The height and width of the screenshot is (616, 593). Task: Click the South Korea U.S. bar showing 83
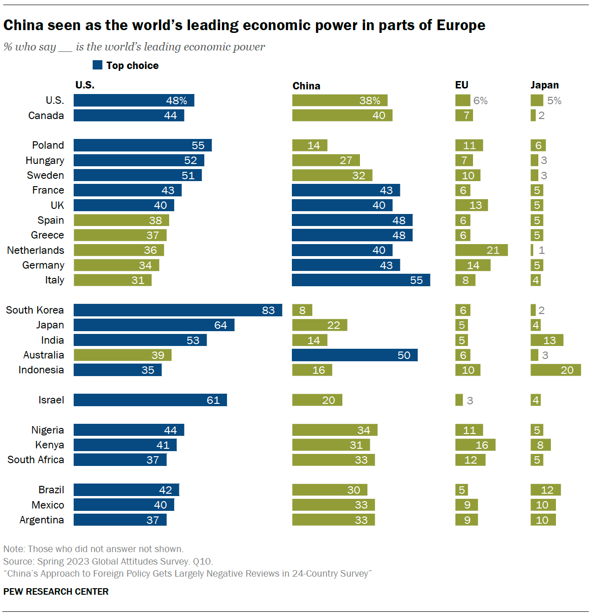coord(178,310)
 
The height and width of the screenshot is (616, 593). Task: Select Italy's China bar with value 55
coord(361,280)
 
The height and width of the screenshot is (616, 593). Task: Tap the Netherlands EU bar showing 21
coord(481,250)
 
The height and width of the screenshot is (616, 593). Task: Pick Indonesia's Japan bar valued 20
coord(555,370)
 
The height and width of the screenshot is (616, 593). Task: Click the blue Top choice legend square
coord(97,65)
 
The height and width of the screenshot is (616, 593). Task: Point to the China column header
coord(306,86)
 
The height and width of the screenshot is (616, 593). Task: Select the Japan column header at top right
coord(544,85)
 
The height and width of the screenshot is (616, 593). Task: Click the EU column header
coord(461,85)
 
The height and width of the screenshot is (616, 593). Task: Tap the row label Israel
coord(51,400)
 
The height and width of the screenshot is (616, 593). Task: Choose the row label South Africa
coord(36,459)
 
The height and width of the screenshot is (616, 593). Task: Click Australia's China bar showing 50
coord(355,355)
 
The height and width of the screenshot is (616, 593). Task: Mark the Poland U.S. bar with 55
coord(143,145)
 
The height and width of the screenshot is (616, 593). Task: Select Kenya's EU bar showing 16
coord(475,445)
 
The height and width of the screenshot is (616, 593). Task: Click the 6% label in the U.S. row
coord(480,101)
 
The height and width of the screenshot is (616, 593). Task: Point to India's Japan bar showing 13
coord(547,340)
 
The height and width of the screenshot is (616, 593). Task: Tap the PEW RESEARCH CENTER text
coord(56,591)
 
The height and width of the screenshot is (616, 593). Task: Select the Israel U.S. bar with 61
coord(150,400)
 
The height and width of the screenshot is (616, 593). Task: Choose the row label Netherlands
coord(36,250)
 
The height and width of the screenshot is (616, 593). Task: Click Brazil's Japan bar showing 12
coord(545,490)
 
